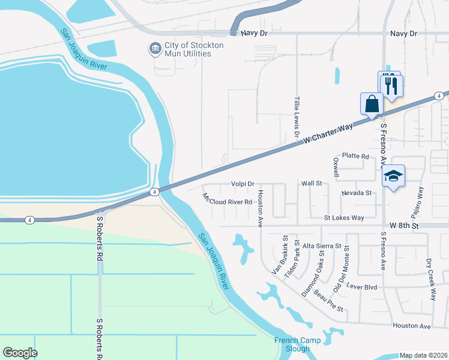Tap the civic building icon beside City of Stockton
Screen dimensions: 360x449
(x=155, y=47)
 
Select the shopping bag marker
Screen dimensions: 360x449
(x=372, y=103)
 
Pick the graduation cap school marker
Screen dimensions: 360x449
(x=393, y=176)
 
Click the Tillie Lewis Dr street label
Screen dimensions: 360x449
(x=297, y=118)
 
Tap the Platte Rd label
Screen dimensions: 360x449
(x=355, y=156)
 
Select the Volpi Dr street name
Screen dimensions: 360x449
(x=243, y=184)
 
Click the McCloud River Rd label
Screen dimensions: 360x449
(x=228, y=200)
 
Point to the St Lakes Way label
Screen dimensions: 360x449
(x=344, y=218)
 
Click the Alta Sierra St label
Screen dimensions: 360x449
(x=322, y=246)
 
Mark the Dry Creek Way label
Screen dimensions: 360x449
(x=430, y=279)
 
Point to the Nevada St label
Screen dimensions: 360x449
(x=357, y=193)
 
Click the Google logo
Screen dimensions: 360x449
(x=20, y=352)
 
